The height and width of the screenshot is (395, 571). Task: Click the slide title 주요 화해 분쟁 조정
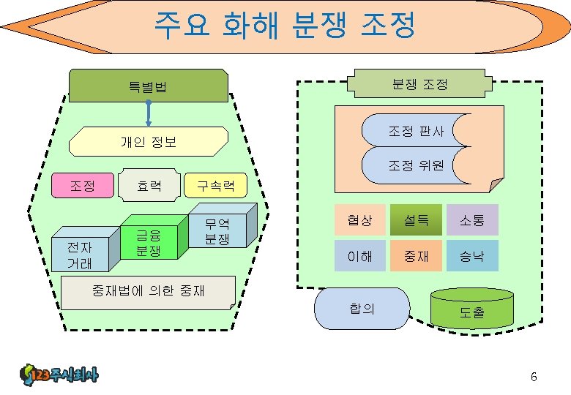(285, 25)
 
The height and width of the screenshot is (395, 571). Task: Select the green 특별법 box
(149, 87)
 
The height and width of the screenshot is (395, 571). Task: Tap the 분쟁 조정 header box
(419, 84)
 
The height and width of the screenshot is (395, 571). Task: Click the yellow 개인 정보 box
(149, 141)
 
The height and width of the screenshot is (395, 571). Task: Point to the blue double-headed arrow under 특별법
(149, 113)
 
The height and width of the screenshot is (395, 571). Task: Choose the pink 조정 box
(82, 186)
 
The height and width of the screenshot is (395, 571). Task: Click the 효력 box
(149, 186)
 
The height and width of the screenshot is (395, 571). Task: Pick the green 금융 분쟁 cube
(149, 242)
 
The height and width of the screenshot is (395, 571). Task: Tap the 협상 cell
(360, 219)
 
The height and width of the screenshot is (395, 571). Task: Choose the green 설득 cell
(417, 219)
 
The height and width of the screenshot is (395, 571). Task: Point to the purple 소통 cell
(472, 219)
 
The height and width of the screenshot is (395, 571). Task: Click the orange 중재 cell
(417, 256)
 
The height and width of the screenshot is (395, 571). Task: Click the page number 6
(534, 377)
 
